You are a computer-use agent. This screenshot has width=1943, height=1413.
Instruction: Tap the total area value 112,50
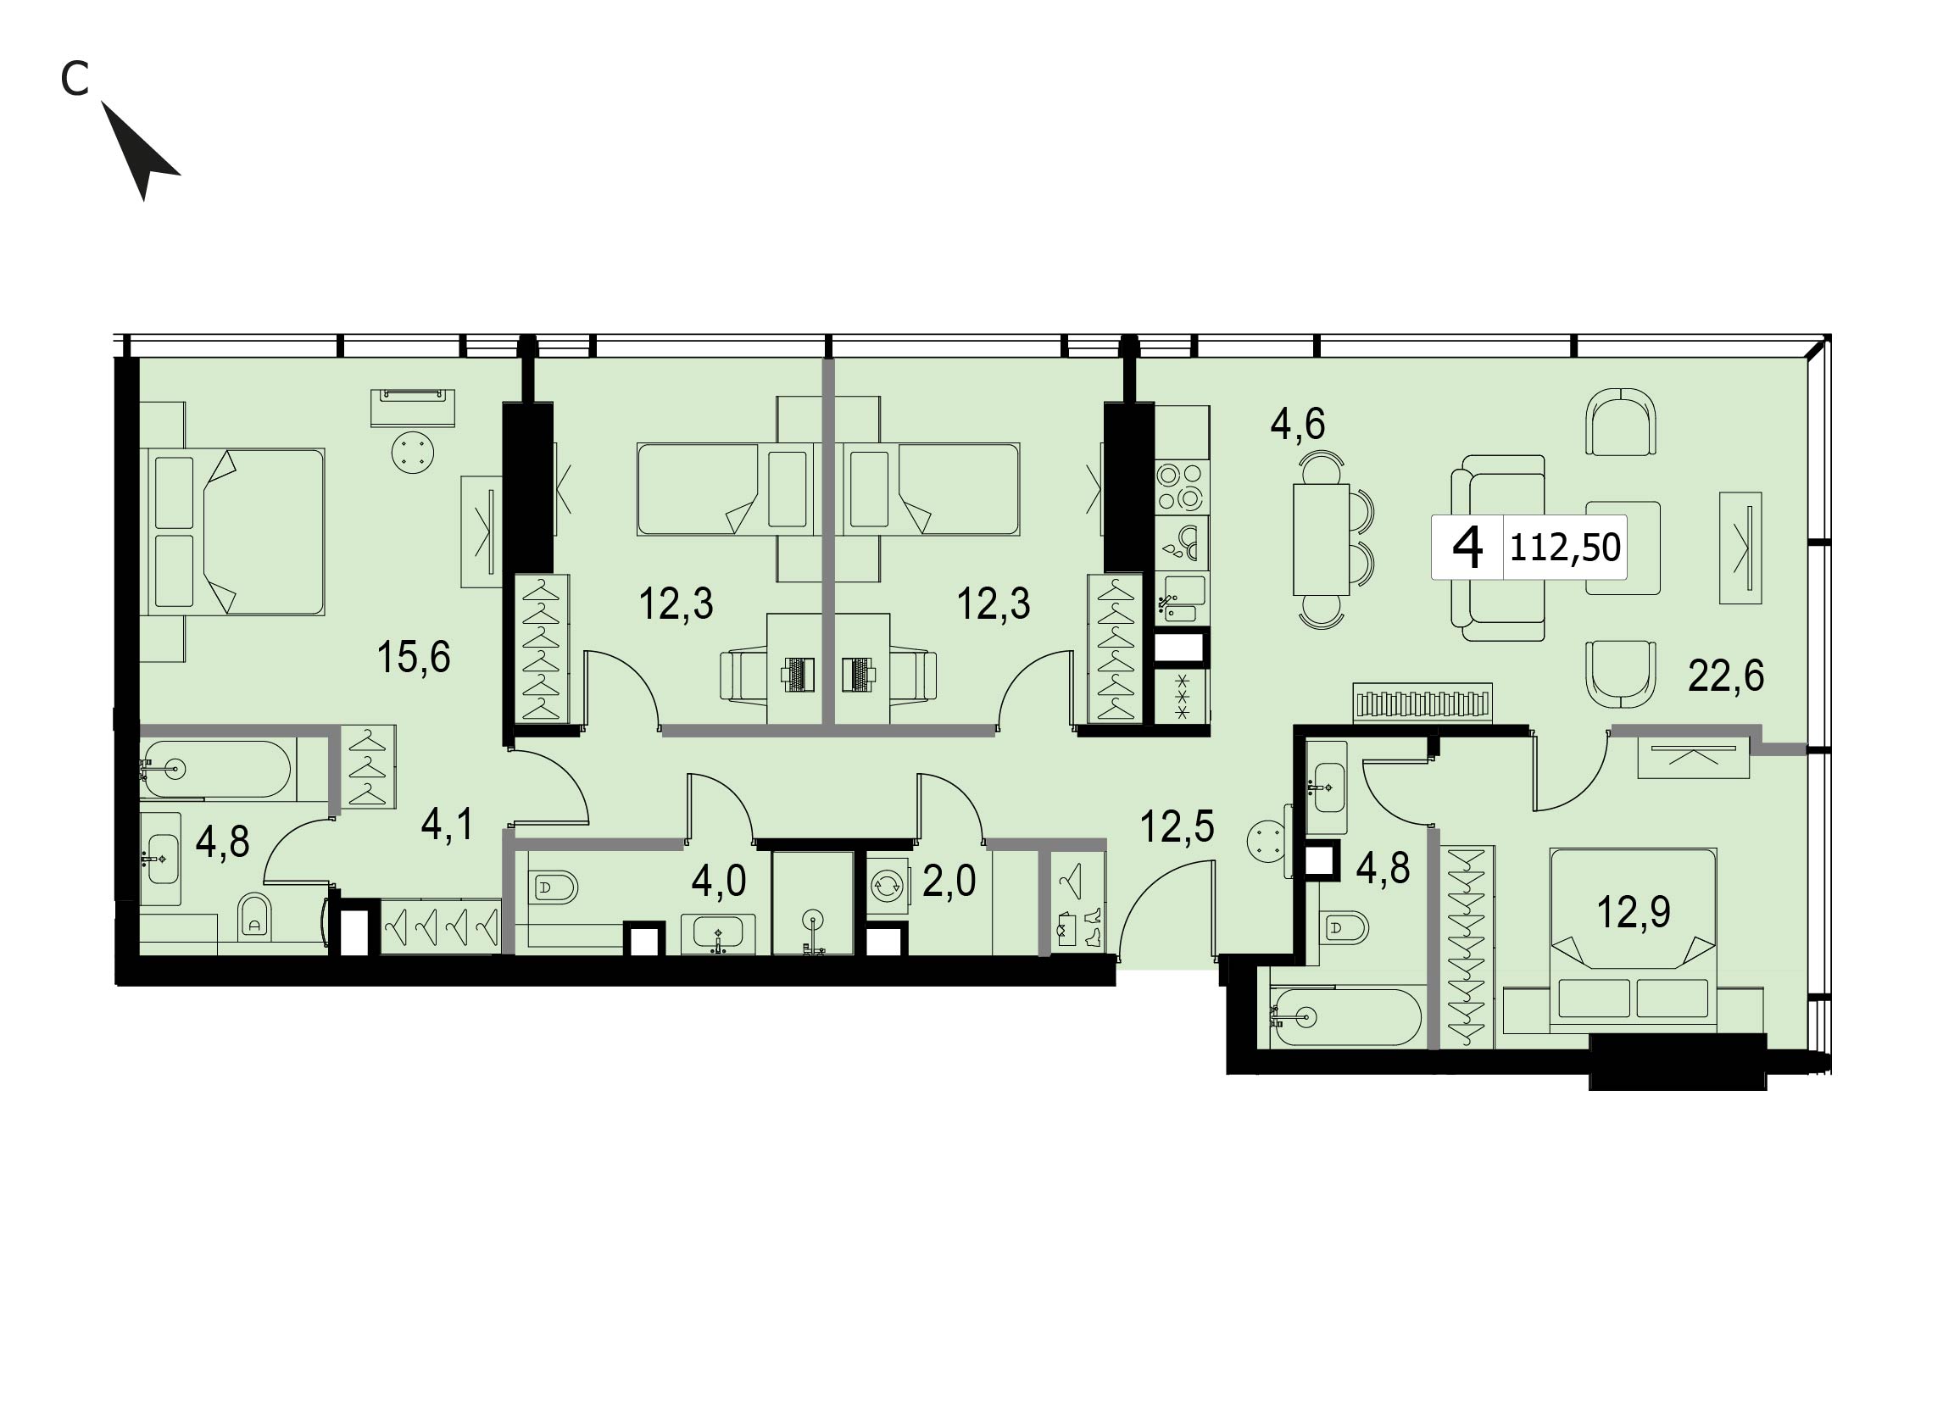[x=1564, y=548]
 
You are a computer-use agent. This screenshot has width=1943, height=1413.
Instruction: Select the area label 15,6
[x=413, y=658]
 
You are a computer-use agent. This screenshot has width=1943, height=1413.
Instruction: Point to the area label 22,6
[x=1725, y=676]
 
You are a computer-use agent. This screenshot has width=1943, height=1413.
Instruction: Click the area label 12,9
[x=1634, y=912]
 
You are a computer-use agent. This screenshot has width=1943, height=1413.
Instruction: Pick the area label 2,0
[x=949, y=881]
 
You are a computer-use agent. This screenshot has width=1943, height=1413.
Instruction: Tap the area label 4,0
[x=719, y=882]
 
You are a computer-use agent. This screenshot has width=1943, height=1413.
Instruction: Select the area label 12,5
[x=1177, y=827]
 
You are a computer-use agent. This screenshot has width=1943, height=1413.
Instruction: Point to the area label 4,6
[x=1298, y=424]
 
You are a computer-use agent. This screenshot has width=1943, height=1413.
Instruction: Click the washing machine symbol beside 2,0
[x=886, y=887]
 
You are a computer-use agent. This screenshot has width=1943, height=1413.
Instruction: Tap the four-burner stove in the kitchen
[x=1182, y=487]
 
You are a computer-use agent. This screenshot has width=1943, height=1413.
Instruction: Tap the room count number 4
[x=1468, y=548]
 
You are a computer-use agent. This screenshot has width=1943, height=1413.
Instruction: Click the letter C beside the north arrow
[x=75, y=80]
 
